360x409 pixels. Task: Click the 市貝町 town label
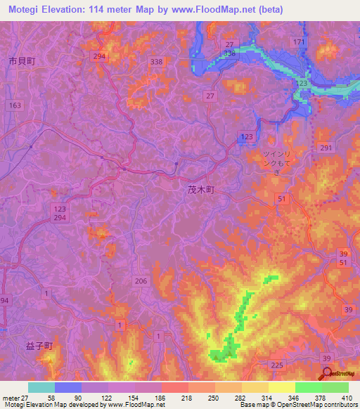(21, 61)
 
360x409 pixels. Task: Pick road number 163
(15, 105)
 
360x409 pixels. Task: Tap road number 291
(325, 148)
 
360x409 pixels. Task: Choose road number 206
(141, 281)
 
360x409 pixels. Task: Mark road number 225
(276, 365)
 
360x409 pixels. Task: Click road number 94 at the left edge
(4, 301)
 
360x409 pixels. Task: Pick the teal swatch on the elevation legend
(41, 387)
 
